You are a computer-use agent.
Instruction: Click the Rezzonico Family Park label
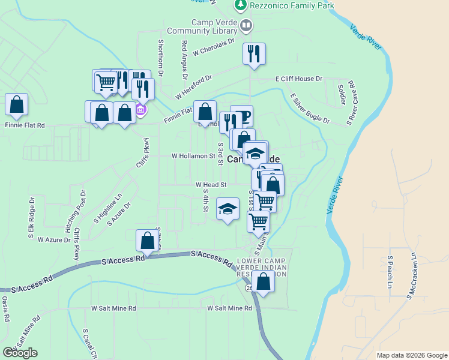[x=283, y=5]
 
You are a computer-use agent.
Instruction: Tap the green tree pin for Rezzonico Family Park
[x=241, y=5]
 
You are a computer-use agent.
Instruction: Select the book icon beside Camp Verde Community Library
[x=246, y=26]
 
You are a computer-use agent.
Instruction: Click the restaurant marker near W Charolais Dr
[x=254, y=53]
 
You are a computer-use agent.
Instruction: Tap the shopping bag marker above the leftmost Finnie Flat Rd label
[x=17, y=104]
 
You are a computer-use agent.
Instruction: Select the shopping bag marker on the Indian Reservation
[x=263, y=281]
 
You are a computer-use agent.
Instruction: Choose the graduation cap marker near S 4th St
[x=228, y=209]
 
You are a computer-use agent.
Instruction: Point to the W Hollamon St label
[x=193, y=155]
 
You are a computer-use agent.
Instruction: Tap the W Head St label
[x=211, y=185]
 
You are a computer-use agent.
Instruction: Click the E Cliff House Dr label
[x=299, y=79]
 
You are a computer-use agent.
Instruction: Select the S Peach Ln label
[x=390, y=272]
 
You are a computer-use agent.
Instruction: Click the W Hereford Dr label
[x=194, y=88]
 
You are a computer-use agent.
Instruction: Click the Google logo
[x=20, y=353]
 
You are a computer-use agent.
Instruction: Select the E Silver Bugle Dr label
[x=310, y=108]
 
